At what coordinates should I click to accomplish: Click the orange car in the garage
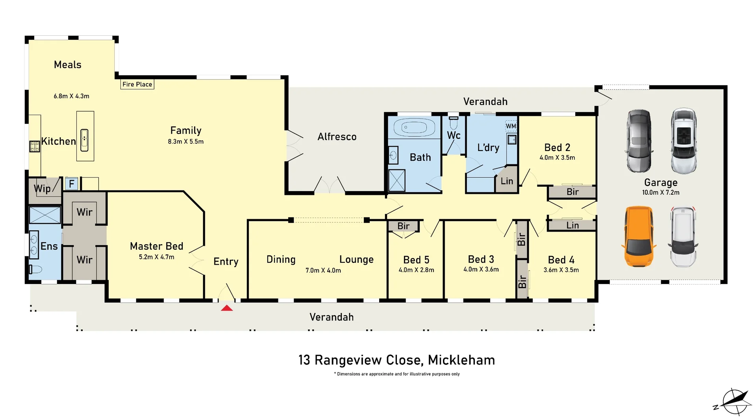(x=639, y=237)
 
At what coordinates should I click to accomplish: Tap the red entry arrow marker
(x=227, y=308)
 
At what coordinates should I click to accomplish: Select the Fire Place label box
(x=137, y=84)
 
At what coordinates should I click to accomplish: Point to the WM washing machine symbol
(x=511, y=126)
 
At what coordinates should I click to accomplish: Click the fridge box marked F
(x=72, y=184)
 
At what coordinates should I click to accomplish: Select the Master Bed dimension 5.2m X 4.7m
(x=156, y=257)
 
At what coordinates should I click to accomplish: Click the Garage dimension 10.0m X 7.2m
(x=661, y=193)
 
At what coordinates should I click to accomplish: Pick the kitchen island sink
(x=85, y=140)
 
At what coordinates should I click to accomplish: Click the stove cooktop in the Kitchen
(x=35, y=146)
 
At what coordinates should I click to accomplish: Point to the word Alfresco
(x=337, y=137)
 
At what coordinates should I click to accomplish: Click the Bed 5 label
(x=416, y=260)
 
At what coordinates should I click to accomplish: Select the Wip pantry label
(x=43, y=189)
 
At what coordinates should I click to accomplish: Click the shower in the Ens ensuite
(x=45, y=215)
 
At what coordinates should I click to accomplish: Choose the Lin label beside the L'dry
(x=507, y=181)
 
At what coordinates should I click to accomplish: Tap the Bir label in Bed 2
(x=573, y=192)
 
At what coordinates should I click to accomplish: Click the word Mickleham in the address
(x=461, y=360)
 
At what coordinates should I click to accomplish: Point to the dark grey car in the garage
(x=639, y=141)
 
